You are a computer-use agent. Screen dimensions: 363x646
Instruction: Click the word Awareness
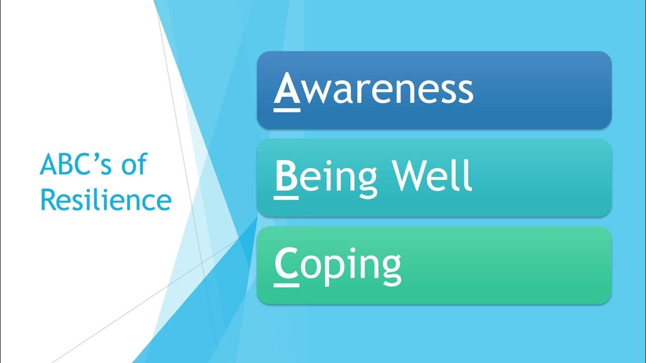pyautogui.click(x=373, y=90)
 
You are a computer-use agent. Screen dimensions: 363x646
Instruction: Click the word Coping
pyautogui.click(x=338, y=264)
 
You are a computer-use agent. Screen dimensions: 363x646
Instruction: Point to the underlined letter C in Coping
pyautogui.click(x=286, y=263)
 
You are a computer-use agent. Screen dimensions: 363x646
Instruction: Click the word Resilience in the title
pyautogui.click(x=105, y=200)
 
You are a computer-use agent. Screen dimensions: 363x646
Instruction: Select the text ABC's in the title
pyautogui.click(x=75, y=164)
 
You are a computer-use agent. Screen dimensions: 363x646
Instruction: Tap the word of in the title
pyautogui.click(x=133, y=164)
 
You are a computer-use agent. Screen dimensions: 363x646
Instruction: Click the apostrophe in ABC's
pyautogui.click(x=99, y=157)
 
